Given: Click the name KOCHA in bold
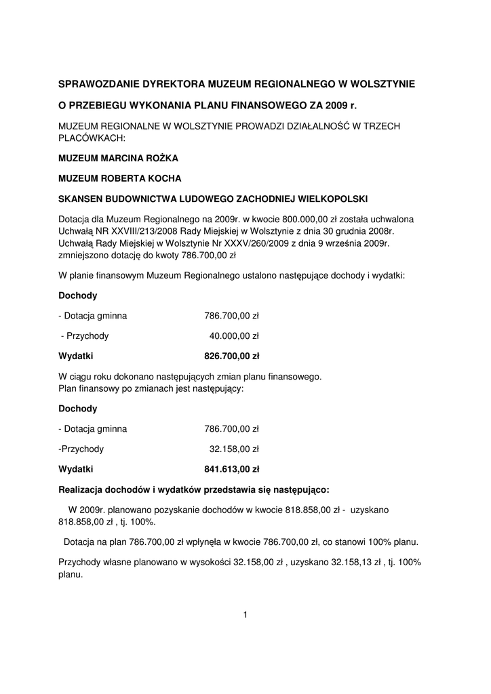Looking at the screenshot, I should coord(165,179).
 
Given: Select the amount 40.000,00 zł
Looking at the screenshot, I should coord(234,335).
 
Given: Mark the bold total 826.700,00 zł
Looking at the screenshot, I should coord(232,356).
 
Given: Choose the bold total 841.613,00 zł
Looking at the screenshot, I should coord(232,468).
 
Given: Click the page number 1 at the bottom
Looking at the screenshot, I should coord(245,615).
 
